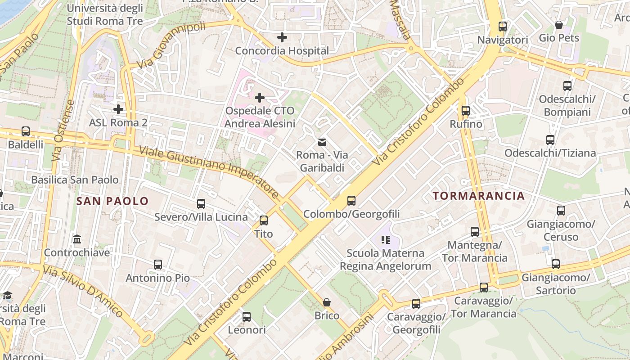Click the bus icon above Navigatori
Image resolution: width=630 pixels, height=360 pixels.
coord(503,27)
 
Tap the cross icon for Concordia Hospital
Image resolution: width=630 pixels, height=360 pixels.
coord(282,37)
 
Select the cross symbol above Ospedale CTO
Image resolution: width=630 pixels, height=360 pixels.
coord(260,97)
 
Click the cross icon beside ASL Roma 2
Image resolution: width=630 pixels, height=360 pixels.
coord(118,109)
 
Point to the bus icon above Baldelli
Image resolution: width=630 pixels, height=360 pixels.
coord(26,131)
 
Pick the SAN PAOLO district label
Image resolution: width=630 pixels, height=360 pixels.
coord(112,201)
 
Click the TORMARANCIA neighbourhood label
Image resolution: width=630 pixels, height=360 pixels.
coord(479,196)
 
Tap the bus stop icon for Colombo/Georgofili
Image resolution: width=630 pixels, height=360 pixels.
coord(351,201)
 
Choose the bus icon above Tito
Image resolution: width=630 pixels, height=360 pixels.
coord(264,220)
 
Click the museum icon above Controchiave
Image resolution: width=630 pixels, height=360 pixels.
coord(77,239)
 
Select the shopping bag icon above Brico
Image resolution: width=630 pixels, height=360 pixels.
coord(327,302)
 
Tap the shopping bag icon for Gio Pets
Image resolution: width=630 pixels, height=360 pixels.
coord(559,24)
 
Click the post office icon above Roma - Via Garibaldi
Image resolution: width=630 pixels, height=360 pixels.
coord(322,142)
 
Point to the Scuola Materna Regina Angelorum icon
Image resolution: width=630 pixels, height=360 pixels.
coord(385,240)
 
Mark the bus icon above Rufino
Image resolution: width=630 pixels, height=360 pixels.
coord(466,110)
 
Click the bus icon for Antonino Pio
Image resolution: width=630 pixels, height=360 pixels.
coord(158,265)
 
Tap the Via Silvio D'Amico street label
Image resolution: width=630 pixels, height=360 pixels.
coord(83,292)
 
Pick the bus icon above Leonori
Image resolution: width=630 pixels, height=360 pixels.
coord(247,316)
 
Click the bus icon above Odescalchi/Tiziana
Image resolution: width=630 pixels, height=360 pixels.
coord(550,139)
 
